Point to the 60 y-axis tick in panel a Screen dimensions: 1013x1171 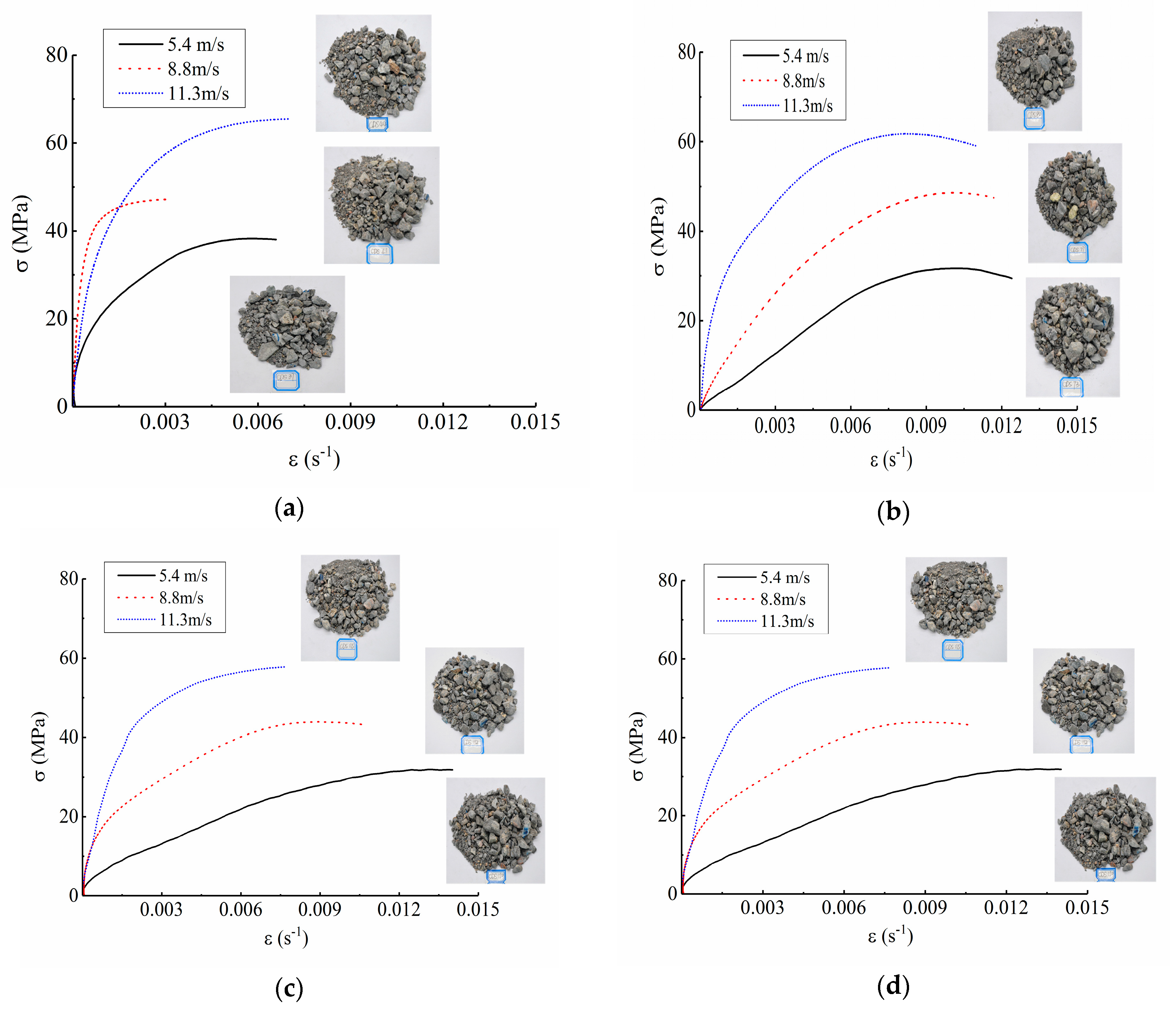pyautogui.click(x=56, y=143)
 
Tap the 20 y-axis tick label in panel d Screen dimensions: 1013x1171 pyautogui.click(x=667, y=815)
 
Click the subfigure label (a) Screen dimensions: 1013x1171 pyautogui.click(x=289, y=508)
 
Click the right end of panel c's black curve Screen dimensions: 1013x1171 pyautogui.click(x=452, y=769)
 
